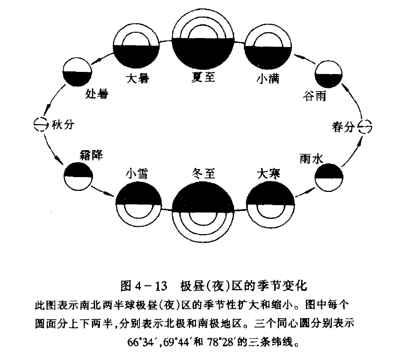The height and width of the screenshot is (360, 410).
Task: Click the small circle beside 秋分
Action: point(40,125)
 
